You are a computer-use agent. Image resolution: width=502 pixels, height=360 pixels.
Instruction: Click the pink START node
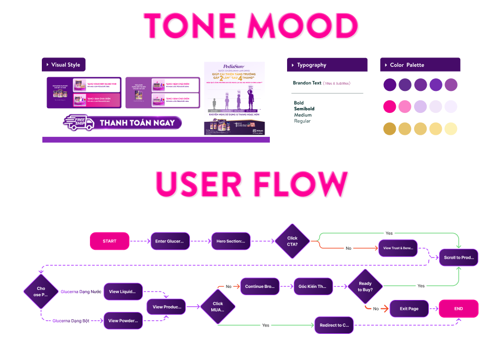[109, 241]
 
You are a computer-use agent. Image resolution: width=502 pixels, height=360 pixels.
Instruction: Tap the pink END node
[458, 308]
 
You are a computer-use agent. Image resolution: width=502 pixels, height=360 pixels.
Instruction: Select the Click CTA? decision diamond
[292, 241]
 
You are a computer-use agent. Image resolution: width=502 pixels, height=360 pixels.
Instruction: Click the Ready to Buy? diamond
[365, 286]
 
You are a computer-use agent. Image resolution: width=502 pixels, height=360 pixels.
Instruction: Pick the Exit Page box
[409, 308]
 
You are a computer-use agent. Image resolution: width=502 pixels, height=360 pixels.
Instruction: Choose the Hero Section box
[231, 241]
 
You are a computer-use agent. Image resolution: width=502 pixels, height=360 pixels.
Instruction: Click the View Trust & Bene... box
[398, 248]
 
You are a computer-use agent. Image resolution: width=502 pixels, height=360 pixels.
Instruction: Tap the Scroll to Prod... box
[458, 258]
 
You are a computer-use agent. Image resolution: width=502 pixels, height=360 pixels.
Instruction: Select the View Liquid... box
[123, 292]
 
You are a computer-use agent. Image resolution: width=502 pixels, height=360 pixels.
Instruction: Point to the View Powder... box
[123, 320]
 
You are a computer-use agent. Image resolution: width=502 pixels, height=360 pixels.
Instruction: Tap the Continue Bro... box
[260, 286]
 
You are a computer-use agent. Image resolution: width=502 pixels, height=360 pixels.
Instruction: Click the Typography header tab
[312, 65]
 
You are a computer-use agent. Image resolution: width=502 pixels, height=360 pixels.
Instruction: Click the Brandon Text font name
[307, 83]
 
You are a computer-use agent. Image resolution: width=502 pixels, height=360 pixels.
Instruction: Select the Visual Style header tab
[65, 65]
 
